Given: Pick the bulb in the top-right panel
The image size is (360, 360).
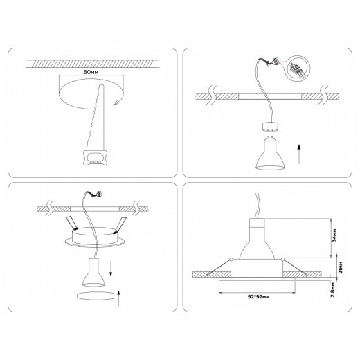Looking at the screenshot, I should pos(267,154).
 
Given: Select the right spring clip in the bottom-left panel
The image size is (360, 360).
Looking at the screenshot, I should pos(121,224).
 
